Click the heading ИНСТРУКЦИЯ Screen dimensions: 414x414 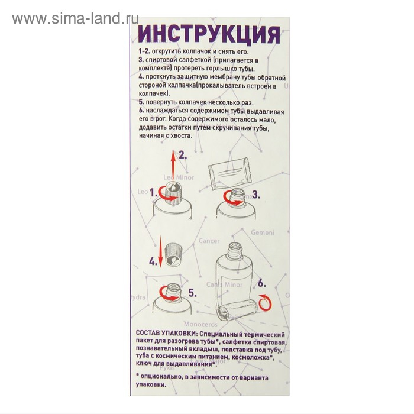tap(208, 34)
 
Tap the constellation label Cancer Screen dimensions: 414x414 tap(208, 241)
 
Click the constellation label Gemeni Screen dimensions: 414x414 tap(262, 232)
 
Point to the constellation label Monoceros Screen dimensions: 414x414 tap(201, 324)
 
